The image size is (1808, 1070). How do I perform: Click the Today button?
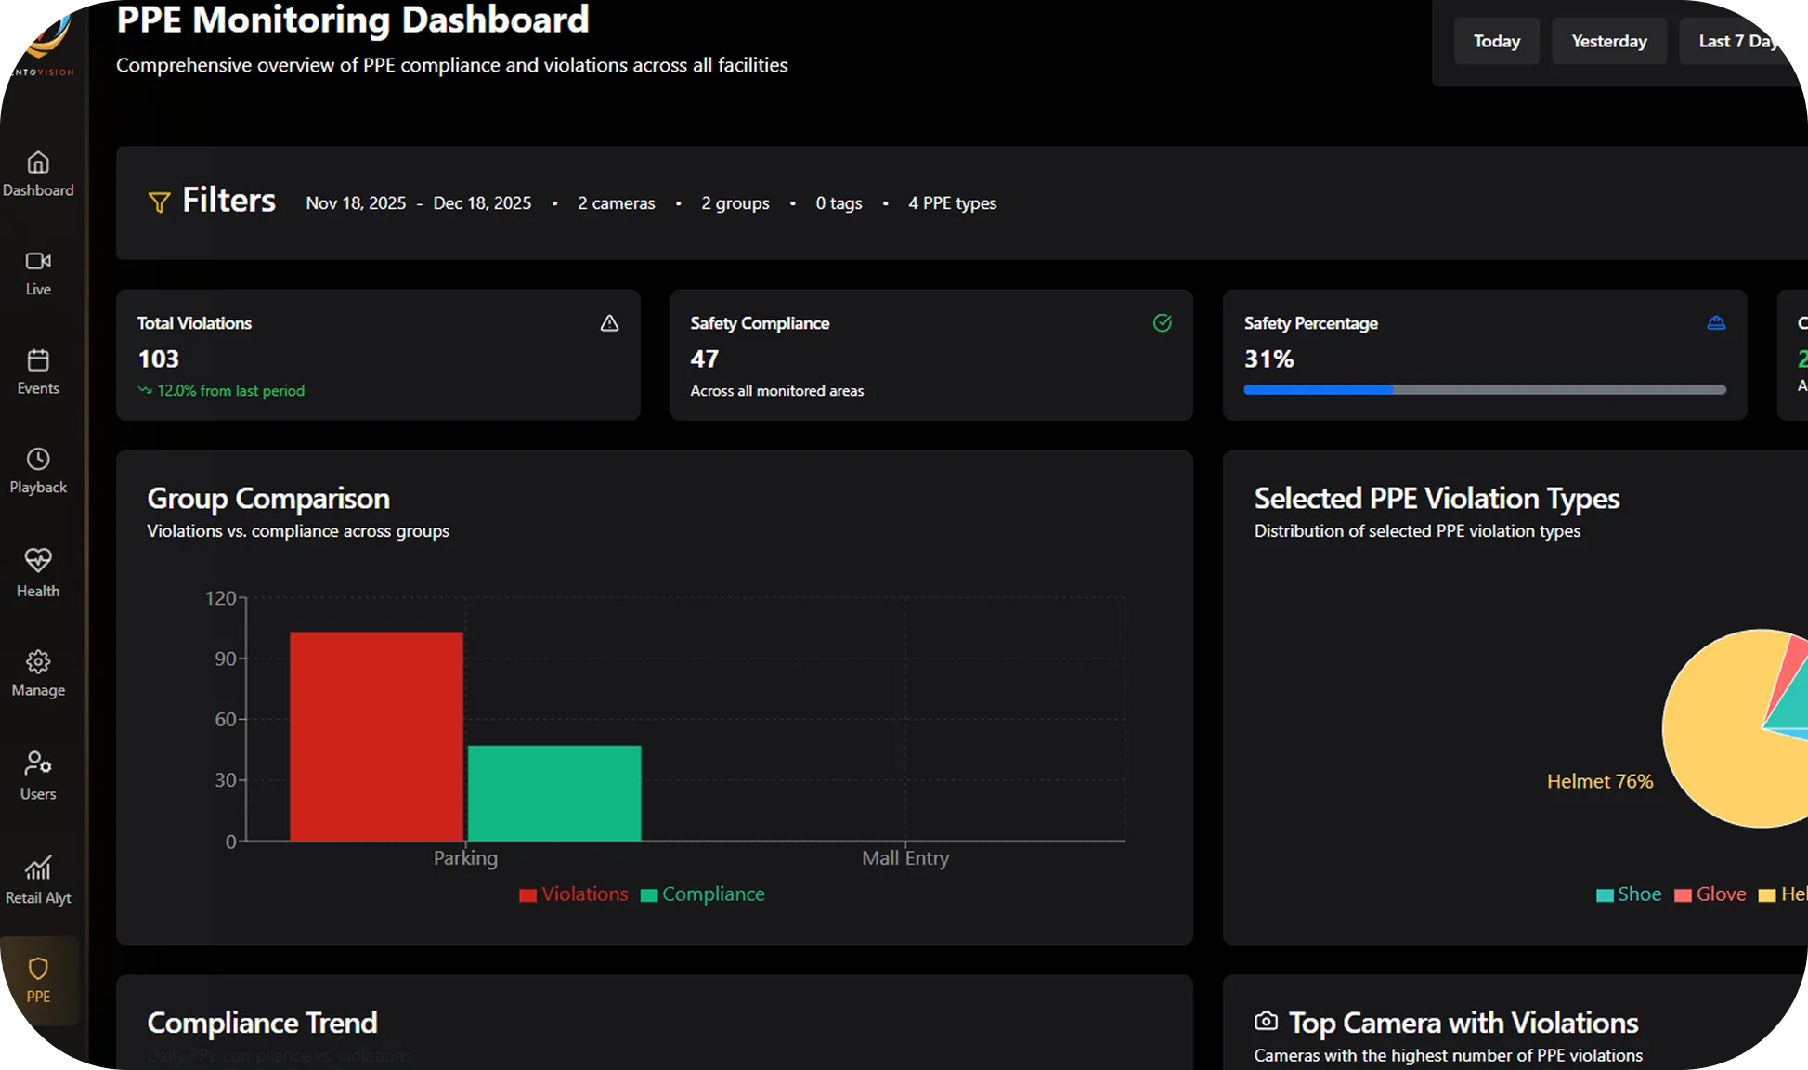1496,41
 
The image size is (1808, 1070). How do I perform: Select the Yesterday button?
1608,41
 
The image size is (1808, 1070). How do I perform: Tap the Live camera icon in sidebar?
38,261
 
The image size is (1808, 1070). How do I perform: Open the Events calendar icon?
38,360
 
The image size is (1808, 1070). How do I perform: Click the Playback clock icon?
38,459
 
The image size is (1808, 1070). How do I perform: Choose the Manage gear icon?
38,662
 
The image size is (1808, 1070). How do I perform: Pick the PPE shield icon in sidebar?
38,969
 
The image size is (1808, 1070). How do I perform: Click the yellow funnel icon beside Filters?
159,202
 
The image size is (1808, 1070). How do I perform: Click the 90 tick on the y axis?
226,659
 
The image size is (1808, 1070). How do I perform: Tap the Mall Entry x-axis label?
905,858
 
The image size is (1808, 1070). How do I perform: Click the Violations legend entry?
574,894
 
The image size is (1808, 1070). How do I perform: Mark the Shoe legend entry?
1629,894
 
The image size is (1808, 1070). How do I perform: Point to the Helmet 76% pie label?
1599,781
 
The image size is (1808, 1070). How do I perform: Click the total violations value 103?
159,359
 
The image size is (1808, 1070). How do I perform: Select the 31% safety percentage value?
1268,359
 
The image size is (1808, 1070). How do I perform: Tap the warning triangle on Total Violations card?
609,323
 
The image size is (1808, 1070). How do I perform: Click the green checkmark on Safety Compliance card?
1162,323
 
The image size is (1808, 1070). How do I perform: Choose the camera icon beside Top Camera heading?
1266,1022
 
